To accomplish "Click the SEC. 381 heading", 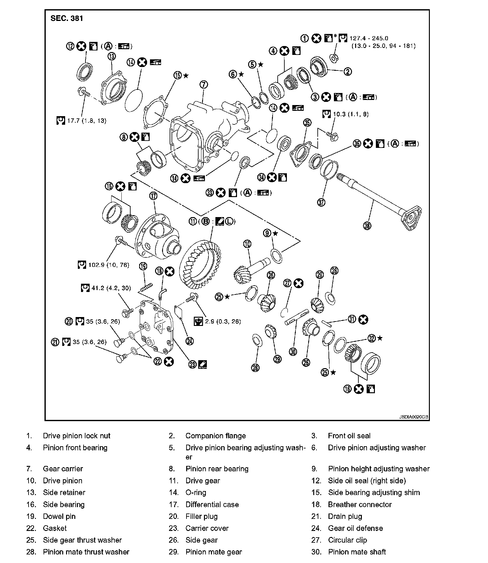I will (67, 18).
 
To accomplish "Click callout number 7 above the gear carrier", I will (204, 84).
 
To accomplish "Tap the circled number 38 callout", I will (367, 226).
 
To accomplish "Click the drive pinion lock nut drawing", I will (334, 58).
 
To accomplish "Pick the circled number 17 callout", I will (153, 196).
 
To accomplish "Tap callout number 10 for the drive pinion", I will (247, 244).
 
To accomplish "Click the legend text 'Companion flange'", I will (215, 436).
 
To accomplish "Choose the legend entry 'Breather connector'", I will (360, 504).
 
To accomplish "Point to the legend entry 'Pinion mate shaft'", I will (357, 552).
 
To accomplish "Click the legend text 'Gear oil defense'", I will (355, 528).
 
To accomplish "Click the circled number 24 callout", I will (189, 341).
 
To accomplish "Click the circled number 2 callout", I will (348, 71).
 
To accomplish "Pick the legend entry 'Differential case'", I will (212, 504).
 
